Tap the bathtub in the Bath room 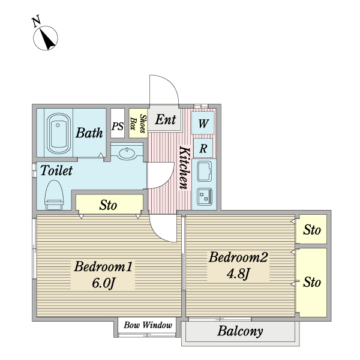(59, 133)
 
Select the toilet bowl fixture (54, 195)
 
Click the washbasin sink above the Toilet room (127, 154)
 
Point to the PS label (118, 126)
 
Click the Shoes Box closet (138, 123)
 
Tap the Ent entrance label (166, 119)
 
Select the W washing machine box (203, 123)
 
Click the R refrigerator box (203, 148)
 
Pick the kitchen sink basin (205, 172)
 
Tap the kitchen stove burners (205, 197)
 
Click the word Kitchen (185, 167)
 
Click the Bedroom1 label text (103, 267)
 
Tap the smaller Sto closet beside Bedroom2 (311, 229)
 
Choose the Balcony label (240, 331)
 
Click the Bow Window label (148, 325)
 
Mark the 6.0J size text (103, 283)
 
